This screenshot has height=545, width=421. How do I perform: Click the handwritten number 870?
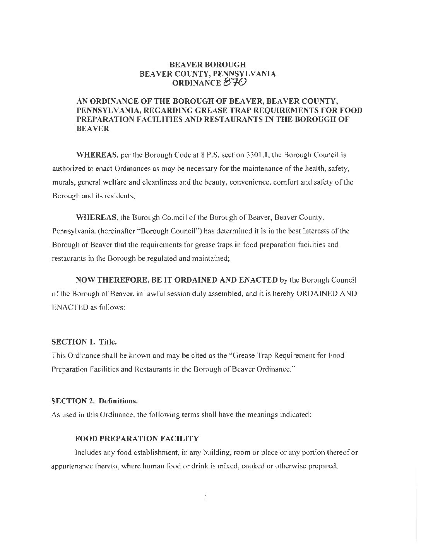click(235, 82)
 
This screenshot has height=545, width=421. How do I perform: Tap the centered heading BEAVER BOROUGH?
click(208, 64)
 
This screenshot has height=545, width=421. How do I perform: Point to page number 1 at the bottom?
click(206, 497)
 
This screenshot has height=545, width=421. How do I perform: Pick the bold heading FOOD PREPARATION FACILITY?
click(137, 439)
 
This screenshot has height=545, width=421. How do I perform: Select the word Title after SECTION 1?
click(108, 342)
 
